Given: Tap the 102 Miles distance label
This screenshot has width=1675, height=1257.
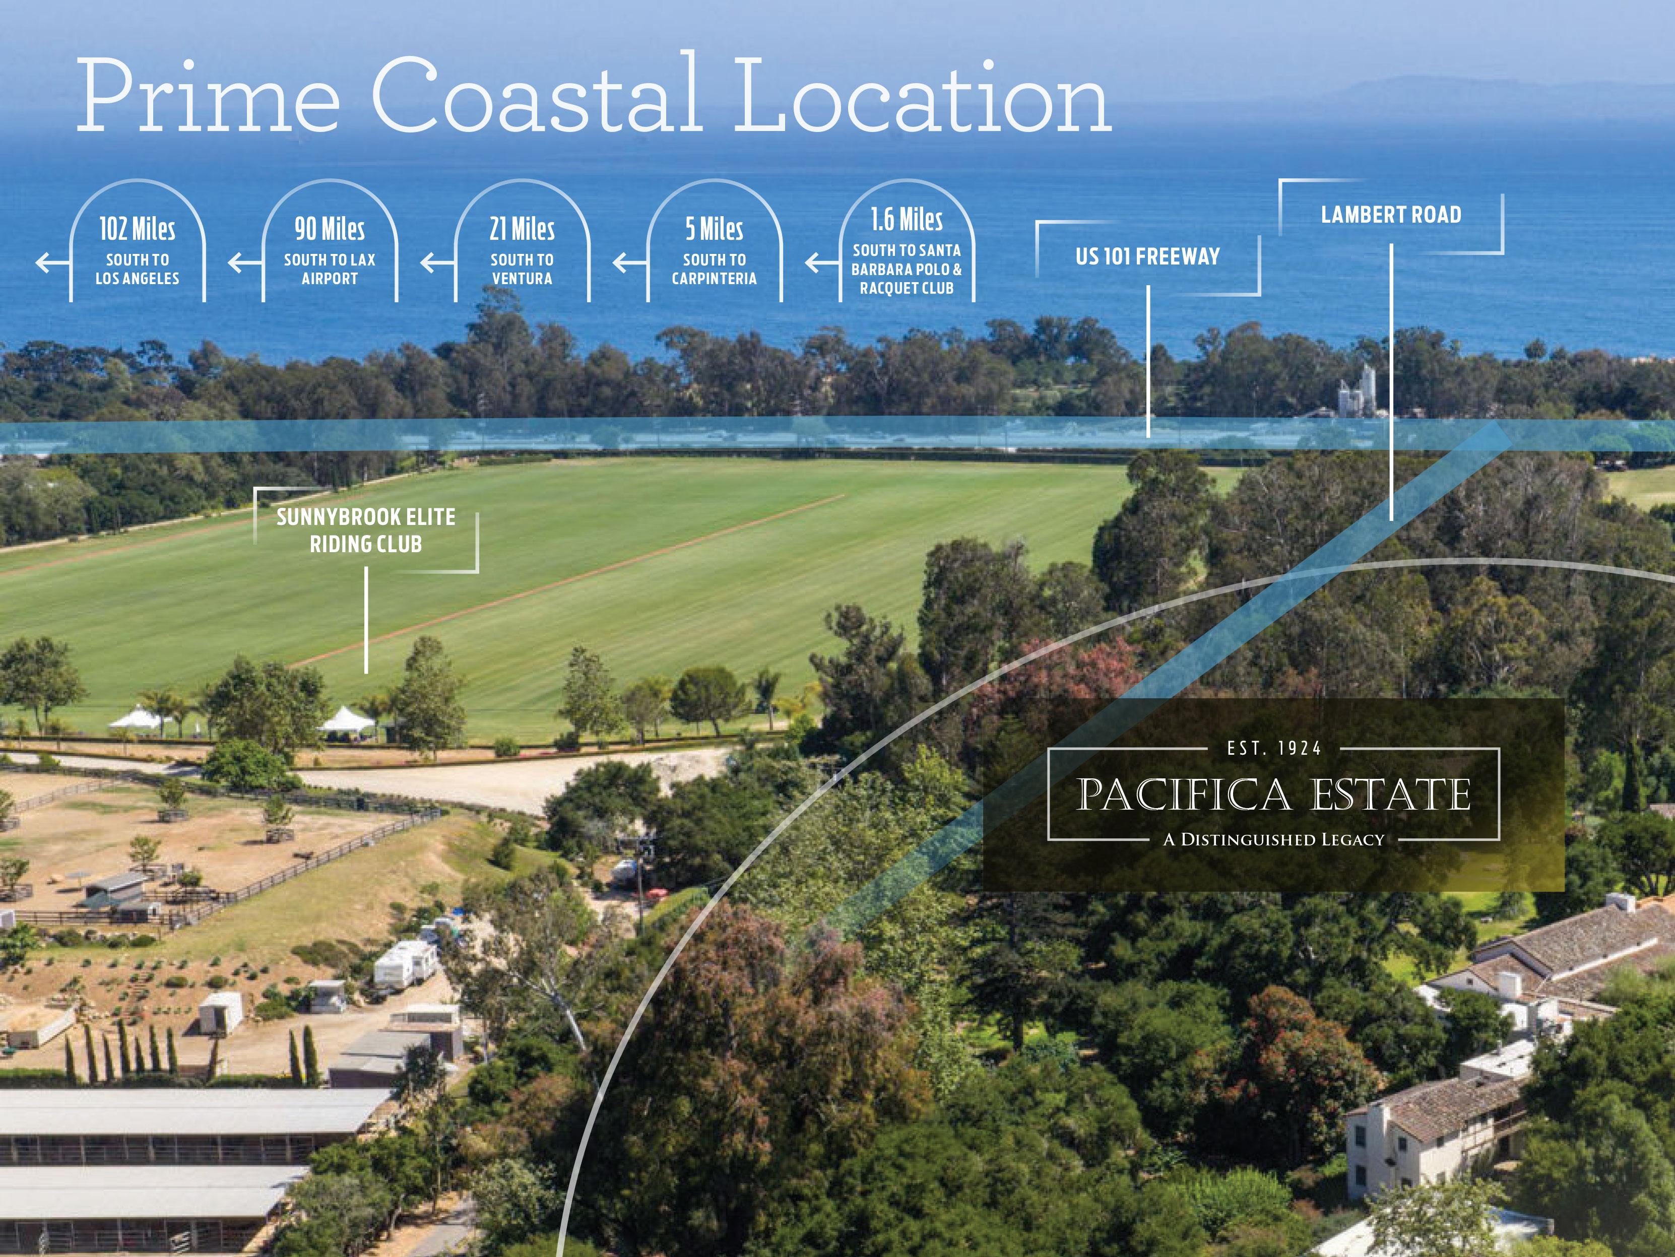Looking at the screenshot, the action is click(x=137, y=229).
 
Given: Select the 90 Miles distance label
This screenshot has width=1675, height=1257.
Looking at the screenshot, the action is click(x=330, y=229).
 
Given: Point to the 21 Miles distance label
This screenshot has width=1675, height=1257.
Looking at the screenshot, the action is click(x=522, y=229).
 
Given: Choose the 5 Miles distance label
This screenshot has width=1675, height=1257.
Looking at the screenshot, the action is click(x=714, y=229).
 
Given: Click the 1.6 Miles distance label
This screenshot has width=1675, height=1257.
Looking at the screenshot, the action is click(x=907, y=220).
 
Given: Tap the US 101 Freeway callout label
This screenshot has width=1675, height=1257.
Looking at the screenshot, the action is click(x=1147, y=257).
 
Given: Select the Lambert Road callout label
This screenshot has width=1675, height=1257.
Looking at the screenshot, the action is click(x=1391, y=215).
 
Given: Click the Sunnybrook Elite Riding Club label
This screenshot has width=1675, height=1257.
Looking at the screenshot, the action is click(x=366, y=530).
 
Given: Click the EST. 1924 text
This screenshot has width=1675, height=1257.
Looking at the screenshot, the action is click(x=1274, y=749).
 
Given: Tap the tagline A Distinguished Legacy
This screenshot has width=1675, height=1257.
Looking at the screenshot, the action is click(x=1274, y=839).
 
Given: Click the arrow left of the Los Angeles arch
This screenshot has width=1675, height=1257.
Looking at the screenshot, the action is click(x=51, y=263).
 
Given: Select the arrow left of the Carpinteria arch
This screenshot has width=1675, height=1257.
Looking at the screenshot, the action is click(x=628, y=263).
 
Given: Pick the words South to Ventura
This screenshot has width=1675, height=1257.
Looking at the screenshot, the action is click(x=522, y=269).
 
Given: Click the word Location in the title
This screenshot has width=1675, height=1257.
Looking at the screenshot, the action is click(x=922, y=97).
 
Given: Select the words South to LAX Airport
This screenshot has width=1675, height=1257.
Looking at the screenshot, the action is click(x=330, y=269).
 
